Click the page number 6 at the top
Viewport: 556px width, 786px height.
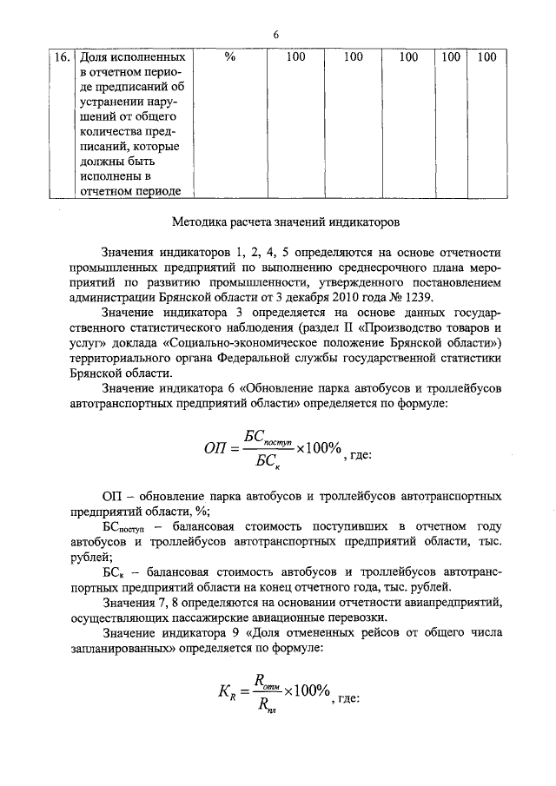click(275, 35)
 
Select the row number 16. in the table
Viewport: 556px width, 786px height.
click(62, 58)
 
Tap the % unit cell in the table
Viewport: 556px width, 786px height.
click(230, 58)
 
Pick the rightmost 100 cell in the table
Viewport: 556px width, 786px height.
click(486, 58)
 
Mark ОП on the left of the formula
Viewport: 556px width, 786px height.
click(215, 449)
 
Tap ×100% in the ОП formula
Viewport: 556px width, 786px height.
click(317, 448)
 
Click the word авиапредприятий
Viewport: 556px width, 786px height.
click(444, 604)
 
